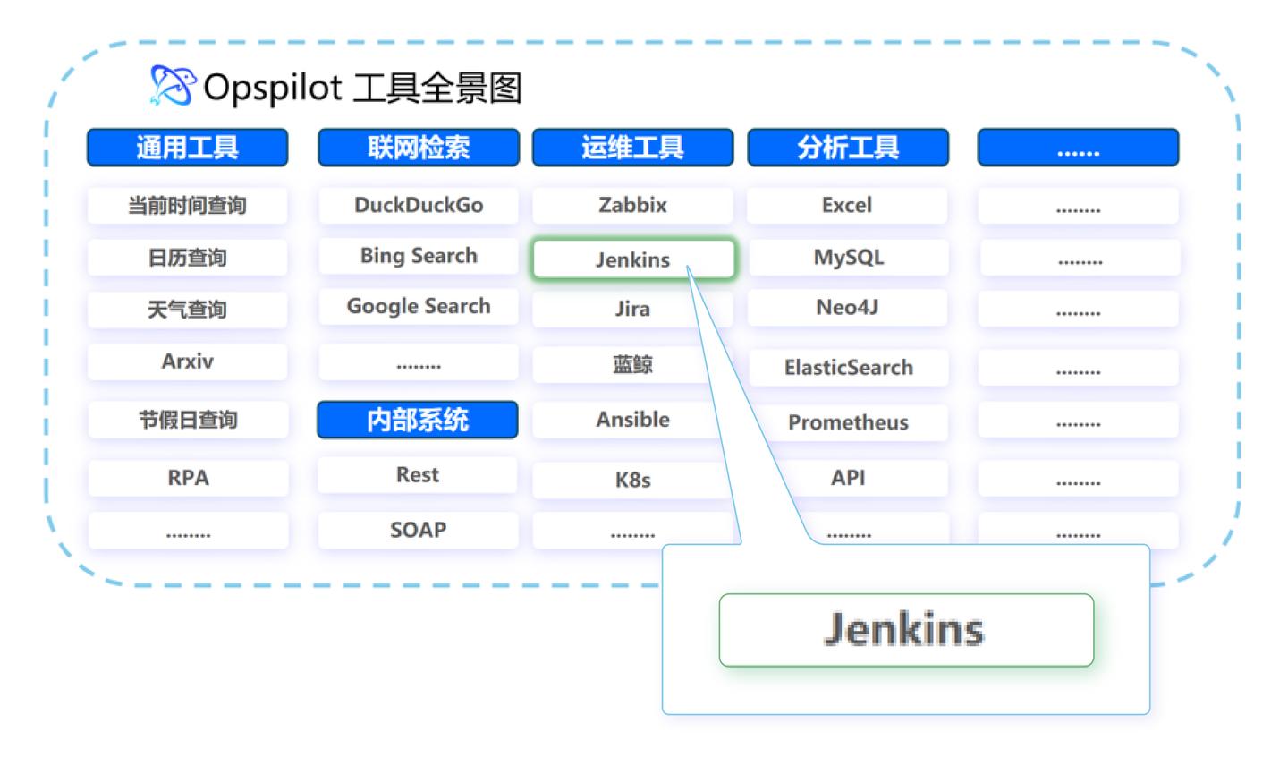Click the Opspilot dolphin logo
coord(173,85)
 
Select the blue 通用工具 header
coord(188,148)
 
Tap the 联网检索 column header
coord(419,148)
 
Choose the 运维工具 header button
coord(632,148)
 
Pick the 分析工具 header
coord(848,148)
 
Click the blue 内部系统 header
coord(418,420)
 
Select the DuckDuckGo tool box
coord(419,205)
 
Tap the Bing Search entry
coord(419,255)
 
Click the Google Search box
coord(419,306)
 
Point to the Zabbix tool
coord(632,205)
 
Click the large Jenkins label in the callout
coord(906,630)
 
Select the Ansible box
coord(627,420)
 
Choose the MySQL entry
coord(849,257)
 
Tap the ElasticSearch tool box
coord(849,367)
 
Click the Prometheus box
coord(849,422)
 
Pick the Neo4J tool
coord(848,307)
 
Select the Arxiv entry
coord(188,361)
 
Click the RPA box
coord(188,478)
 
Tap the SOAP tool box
coord(418,529)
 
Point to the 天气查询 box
coord(188,310)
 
